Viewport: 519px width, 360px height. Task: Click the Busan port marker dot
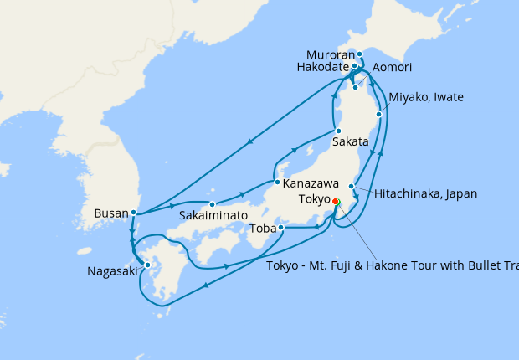(x=134, y=213)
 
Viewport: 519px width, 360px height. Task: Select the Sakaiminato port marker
(x=213, y=203)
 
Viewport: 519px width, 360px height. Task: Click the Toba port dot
(x=281, y=227)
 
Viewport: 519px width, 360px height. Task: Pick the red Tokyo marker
(x=335, y=202)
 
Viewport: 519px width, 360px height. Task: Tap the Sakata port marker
(x=337, y=131)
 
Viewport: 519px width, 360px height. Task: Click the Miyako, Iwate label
(x=426, y=98)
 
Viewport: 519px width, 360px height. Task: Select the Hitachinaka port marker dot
(x=352, y=187)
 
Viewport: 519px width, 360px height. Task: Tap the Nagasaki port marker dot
(x=147, y=265)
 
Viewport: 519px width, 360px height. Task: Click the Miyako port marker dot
(x=380, y=114)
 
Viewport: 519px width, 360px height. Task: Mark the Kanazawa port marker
(x=276, y=182)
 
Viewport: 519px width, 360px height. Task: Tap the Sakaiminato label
(x=212, y=215)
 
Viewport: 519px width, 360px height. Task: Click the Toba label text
(x=262, y=227)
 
